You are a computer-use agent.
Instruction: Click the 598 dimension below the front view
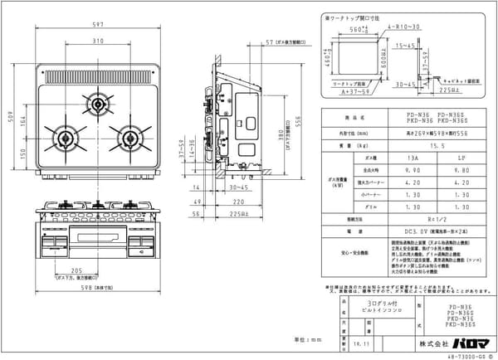[x=98, y=288]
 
